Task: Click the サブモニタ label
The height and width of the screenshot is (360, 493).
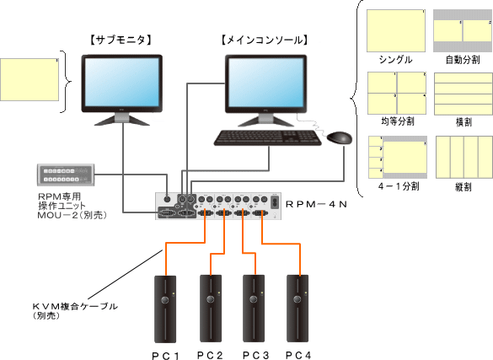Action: tap(120, 39)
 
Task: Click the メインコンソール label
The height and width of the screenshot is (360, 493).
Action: tap(263, 39)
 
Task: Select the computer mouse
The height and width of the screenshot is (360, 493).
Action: tap(340, 137)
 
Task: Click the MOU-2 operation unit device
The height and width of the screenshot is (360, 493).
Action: tap(67, 175)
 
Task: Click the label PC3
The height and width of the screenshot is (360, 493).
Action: tap(255, 354)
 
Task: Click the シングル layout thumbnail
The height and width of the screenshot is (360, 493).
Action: tap(396, 32)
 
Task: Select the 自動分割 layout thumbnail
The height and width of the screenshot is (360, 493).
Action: tap(462, 32)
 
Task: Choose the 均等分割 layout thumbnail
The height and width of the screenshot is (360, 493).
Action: tap(396, 93)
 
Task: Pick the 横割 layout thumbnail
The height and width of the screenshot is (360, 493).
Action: tap(462, 93)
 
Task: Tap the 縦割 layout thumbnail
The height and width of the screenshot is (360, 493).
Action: tap(462, 155)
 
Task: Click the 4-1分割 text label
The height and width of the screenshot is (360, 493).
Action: tap(396, 183)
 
